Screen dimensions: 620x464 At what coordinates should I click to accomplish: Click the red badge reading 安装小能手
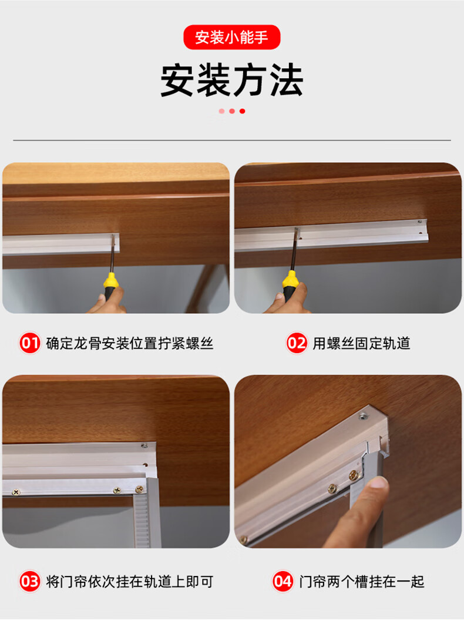pos(231,38)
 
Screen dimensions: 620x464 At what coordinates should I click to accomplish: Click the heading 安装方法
pos(231,81)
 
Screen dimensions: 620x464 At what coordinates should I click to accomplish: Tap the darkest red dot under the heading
pos(243,111)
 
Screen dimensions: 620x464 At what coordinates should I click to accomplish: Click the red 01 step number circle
pos(29,343)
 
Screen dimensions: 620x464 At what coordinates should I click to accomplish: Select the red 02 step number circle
pos(297,343)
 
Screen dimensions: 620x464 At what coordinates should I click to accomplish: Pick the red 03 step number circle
pos(29,582)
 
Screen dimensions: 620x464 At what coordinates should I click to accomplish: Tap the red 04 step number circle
pos(283,582)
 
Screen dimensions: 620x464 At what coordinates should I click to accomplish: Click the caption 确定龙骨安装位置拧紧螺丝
pos(130,343)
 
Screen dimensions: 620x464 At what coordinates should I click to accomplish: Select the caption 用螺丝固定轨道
pos(361,343)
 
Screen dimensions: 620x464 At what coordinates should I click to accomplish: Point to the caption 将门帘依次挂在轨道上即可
pos(130,582)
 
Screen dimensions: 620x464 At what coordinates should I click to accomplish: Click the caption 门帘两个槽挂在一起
pos(361,582)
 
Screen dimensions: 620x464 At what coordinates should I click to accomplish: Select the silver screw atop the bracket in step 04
pos(362,417)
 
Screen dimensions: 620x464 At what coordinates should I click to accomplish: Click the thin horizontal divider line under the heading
pos(231,140)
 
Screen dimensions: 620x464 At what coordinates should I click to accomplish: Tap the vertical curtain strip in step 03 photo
pos(142,517)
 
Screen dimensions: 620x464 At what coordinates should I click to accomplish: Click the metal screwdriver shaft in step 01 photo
pos(111,256)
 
